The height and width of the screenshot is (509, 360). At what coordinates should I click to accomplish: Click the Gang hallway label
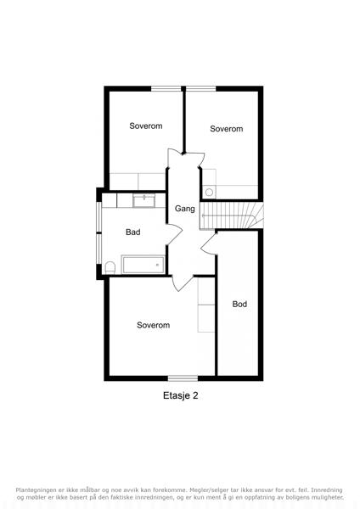(x=185, y=209)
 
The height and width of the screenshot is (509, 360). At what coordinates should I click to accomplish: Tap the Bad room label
(x=133, y=232)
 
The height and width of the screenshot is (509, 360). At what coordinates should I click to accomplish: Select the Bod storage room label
(x=239, y=305)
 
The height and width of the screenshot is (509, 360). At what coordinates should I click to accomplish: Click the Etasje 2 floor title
(x=180, y=395)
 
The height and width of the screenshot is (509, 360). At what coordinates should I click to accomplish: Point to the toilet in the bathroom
(x=110, y=267)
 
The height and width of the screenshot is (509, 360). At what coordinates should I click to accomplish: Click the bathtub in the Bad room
(x=143, y=265)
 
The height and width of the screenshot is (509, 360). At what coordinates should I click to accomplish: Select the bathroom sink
(x=144, y=200)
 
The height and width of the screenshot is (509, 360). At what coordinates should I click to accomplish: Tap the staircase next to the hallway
(x=231, y=215)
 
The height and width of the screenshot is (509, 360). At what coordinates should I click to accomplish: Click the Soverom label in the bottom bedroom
(x=153, y=325)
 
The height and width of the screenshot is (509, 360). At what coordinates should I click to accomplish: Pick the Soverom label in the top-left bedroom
(x=146, y=126)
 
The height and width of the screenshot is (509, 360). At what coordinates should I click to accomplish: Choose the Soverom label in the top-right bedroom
(x=227, y=129)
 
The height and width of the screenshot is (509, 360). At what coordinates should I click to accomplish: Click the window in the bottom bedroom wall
(x=183, y=378)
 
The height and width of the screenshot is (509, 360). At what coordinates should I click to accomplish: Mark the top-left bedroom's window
(x=166, y=88)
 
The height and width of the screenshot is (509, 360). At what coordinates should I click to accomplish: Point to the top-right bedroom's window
(x=200, y=88)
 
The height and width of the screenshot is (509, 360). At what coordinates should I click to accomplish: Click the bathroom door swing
(x=174, y=234)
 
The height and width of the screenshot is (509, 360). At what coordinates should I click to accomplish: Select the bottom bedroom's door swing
(x=183, y=283)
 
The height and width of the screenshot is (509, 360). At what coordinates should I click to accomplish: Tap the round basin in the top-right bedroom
(x=209, y=193)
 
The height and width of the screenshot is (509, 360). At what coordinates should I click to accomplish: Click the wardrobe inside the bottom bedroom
(x=206, y=305)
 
